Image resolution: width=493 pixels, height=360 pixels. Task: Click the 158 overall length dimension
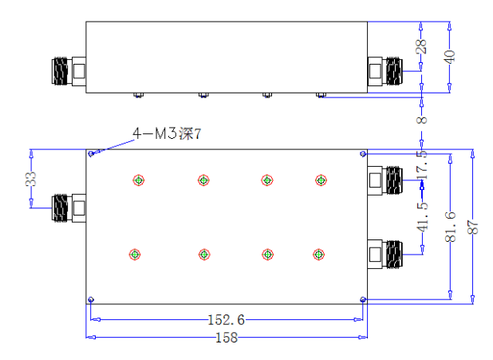(x=227, y=338)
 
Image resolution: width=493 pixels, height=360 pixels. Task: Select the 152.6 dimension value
(x=227, y=320)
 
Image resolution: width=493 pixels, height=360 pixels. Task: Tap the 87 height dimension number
(x=473, y=227)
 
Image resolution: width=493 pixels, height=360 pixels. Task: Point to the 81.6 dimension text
(x=451, y=227)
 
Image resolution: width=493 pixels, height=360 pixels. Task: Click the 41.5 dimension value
(x=423, y=217)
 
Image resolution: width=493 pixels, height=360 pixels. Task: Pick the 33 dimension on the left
(x=31, y=179)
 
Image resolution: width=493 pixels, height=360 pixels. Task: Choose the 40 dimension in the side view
(x=450, y=57)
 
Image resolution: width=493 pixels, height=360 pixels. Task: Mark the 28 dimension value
(x=421, y=46)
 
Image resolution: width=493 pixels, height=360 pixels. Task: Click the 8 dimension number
(x=422, y=120)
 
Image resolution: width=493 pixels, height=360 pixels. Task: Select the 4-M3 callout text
(x=167, y=133)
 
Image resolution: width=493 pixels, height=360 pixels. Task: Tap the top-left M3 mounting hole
(x=91, y=153)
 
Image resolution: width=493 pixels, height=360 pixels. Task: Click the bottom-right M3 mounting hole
(x=363, y=299)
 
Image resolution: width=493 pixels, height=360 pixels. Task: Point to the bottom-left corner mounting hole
(x=91, y=299)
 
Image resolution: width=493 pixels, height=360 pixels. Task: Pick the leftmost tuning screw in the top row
(x=139, y=180)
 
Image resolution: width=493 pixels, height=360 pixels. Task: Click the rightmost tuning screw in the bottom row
(x=319, y=255)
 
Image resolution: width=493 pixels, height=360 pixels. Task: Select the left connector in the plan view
(x=69, y=208)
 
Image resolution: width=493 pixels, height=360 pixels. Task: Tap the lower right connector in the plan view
(x=385, y=255)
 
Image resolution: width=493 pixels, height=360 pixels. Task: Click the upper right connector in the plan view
(x=385, y=180)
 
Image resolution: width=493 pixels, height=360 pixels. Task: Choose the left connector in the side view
(x=69, y=71)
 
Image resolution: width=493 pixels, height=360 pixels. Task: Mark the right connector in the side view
(x=385, y=71)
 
